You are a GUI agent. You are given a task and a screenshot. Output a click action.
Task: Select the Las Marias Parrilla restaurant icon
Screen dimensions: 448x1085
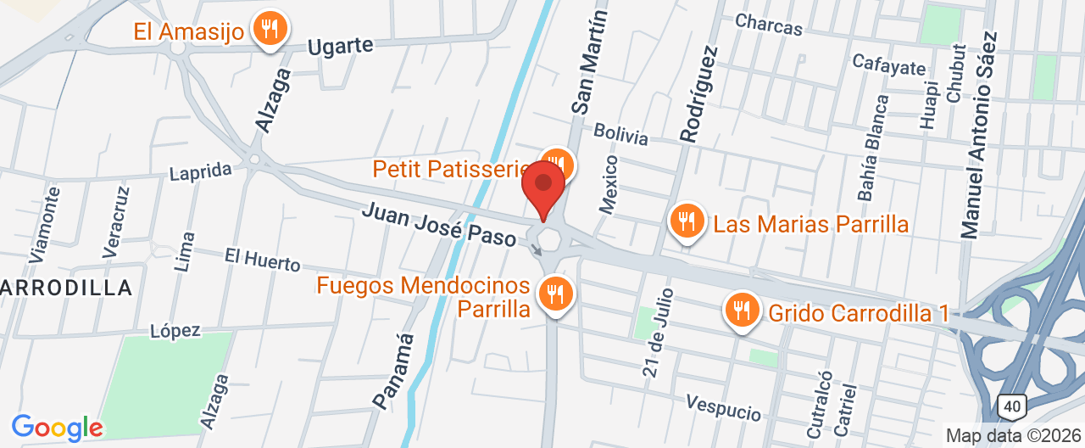pyautogui.click(x=686, y=222)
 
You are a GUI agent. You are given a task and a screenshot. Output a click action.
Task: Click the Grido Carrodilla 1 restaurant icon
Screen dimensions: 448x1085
pyautogui.click(x=742, y=311)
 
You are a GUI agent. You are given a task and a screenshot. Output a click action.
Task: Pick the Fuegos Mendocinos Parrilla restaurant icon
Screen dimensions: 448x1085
pyautogui.click(x=556, y=294)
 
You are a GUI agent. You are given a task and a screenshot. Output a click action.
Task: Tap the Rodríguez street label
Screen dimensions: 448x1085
pyautogui.click(x=698, y=93)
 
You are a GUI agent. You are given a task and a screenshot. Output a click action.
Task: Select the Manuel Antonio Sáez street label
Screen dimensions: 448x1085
pyautogui.click(x=979, y=134)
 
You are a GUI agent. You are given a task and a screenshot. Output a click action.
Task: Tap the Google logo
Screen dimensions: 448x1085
pyautogui.click(x=57, y=427)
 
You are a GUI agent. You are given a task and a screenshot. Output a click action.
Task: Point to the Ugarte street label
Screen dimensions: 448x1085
pyautogui.click(x=340, y=45)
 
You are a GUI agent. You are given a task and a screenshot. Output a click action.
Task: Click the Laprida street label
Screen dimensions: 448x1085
pyautogui.click(x=201, y=171)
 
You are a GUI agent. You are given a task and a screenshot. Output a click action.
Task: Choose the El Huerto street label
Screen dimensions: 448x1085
pyautogui.click(x=262, y=260)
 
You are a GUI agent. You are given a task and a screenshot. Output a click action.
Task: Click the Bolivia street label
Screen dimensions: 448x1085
pyautogui.click(x=620, y=134)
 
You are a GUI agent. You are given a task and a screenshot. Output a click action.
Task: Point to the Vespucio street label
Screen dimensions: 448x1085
pyautogui.click(x=724, y=407)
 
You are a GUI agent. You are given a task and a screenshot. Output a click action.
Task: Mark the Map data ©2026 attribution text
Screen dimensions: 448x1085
pyautogui.click(x=1013, y=435)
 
